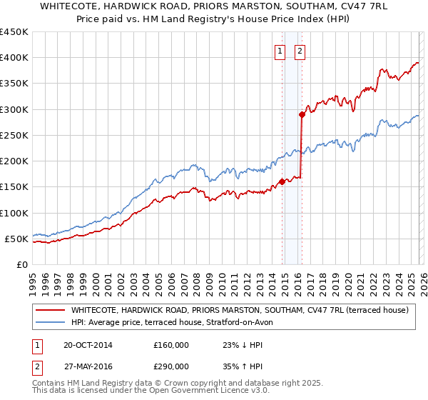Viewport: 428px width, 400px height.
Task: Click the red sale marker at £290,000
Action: pyautogui.click(x=302, y=114)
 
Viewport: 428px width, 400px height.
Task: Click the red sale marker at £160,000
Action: pyautogui.click(x=282, y=181)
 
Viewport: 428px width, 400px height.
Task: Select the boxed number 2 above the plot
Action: pyautogui.click(x=299, y=51)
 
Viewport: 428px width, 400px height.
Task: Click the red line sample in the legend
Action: pyautogui.click(x=50, y=310)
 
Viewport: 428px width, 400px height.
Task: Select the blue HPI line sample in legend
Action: pyautogui.click(x=50, y=322)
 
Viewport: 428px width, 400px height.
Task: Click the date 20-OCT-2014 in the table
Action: pyautogui.click(x=88, y=345)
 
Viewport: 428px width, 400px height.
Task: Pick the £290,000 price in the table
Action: pyautogui.click(x=171, y=365)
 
